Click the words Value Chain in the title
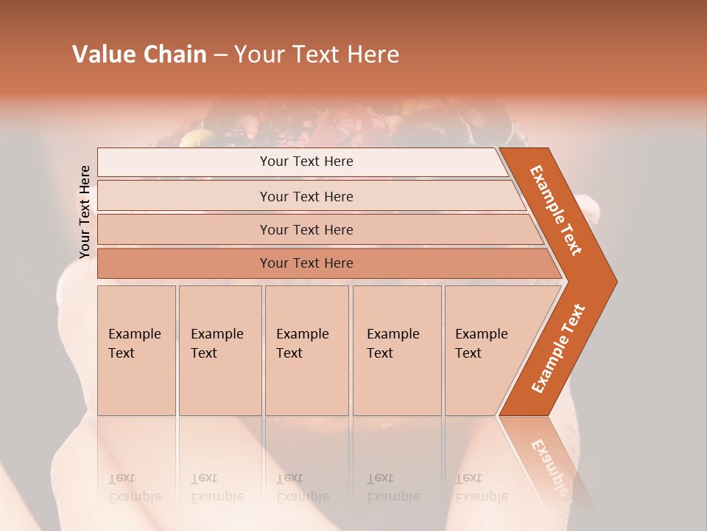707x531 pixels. point(139,55)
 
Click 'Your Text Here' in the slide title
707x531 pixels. point(317,55)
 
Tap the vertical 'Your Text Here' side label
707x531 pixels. point(85,212)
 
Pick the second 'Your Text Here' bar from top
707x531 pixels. point(306,196)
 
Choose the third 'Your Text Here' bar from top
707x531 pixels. point(306,230)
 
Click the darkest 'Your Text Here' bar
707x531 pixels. point(306,263)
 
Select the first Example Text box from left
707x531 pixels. point(136,350)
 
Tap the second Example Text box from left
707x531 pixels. point(219,350)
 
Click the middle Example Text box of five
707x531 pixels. point(306,350)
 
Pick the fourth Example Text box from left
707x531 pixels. point(396,350)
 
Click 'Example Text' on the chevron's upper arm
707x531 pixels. point(556,210)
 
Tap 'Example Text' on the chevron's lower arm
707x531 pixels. point(558,349)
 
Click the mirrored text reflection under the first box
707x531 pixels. point(135,487)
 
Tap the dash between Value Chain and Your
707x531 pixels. point(220,55)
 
